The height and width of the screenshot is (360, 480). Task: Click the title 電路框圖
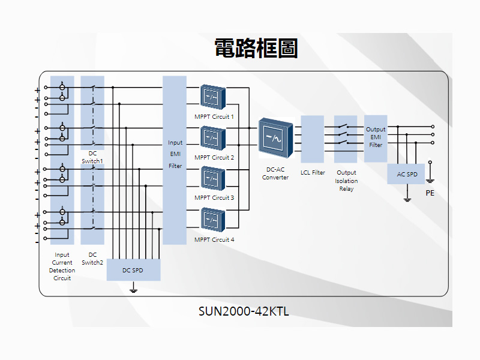click(256, 48)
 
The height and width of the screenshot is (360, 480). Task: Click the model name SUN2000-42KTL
click(244, 311)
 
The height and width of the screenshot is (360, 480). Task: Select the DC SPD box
click(133, 270)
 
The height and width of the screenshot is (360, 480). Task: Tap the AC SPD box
click(407, 174)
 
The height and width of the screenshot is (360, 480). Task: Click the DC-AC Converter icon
click(275, 137)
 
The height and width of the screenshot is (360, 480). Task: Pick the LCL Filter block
click(312, 139)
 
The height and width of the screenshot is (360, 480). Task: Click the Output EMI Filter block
click(376, 138)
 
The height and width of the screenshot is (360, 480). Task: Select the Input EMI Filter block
click(175, 160)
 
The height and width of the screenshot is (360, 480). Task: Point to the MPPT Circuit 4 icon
click(213, 220)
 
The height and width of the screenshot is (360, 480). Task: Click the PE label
click(430, 193)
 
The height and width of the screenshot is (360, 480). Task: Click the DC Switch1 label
click(92, 157)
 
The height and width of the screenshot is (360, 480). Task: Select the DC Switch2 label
click(92, 259)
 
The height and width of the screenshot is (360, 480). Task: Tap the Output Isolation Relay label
click(346, 181)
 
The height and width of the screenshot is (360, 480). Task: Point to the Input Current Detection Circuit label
click(62, 266)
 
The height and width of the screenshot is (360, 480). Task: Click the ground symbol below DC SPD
click(133, 291)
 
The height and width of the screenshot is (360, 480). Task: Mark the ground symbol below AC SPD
click(407, 199)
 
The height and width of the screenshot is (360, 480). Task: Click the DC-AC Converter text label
click(275, 173)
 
